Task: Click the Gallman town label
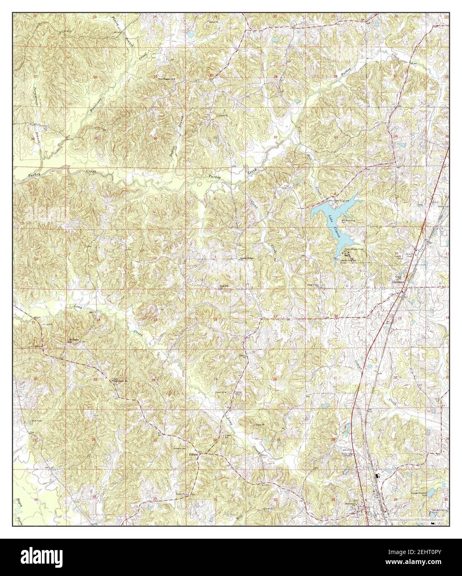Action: [399, 282]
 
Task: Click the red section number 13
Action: [155, 319]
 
